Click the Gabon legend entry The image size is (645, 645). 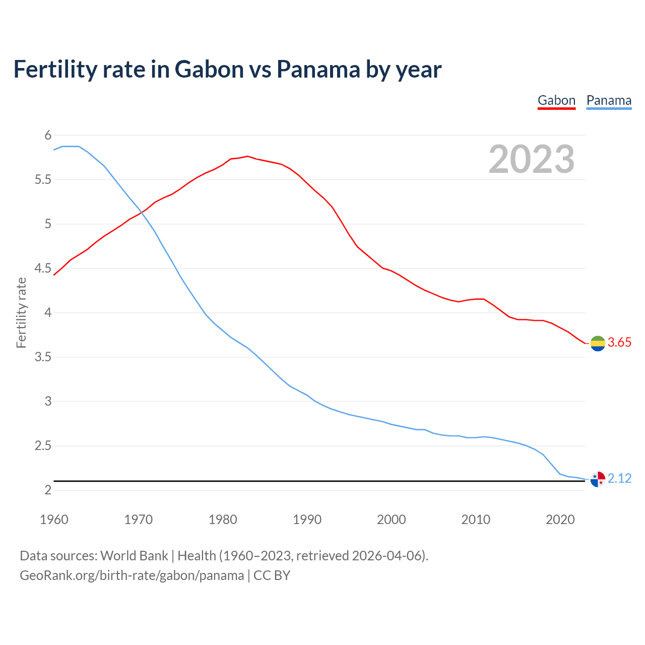(556, 100)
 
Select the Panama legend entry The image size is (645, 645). (609, 100)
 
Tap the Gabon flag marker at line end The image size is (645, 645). (598, 343)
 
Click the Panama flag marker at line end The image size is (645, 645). (598, 479)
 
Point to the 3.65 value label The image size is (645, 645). (619, 343)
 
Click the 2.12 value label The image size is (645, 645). (619, 479)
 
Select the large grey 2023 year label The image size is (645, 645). (532, 159)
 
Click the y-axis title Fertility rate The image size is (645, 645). (21, 312)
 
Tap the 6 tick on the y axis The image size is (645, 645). (48, 135)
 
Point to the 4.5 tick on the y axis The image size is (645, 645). (43, 268)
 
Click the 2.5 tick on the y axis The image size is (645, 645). (43, 446)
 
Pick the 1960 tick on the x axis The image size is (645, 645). (54, 520)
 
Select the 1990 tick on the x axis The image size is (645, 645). (307, 520)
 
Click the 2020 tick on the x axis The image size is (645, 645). (560, 520)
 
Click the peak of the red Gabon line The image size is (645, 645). (247, 156)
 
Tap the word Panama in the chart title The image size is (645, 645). (318, 69)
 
